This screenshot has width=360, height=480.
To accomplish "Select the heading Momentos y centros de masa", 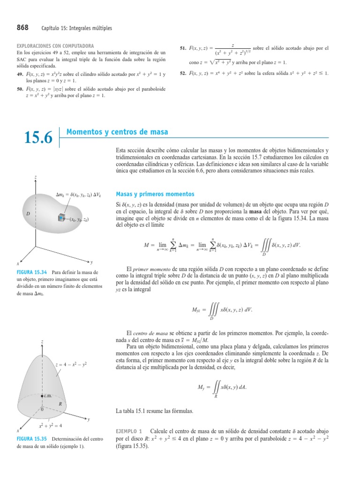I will tap(117, 132).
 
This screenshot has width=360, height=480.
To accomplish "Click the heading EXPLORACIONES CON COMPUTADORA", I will tap(55, 46).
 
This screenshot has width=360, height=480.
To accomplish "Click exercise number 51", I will tap(183, 48).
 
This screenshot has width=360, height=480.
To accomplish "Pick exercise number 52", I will tap(183, 73).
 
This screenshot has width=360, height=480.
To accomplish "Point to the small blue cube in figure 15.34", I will tap(60, 217).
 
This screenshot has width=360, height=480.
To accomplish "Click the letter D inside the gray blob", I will tap(28, 213).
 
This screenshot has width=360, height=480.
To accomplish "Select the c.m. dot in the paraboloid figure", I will tap(42, 396).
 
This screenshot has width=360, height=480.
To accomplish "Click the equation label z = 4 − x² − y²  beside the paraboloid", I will tap(71, 364).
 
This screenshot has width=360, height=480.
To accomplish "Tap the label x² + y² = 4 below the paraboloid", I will tap(54, 426).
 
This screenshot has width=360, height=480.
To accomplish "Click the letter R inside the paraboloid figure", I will tap(60, 403).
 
